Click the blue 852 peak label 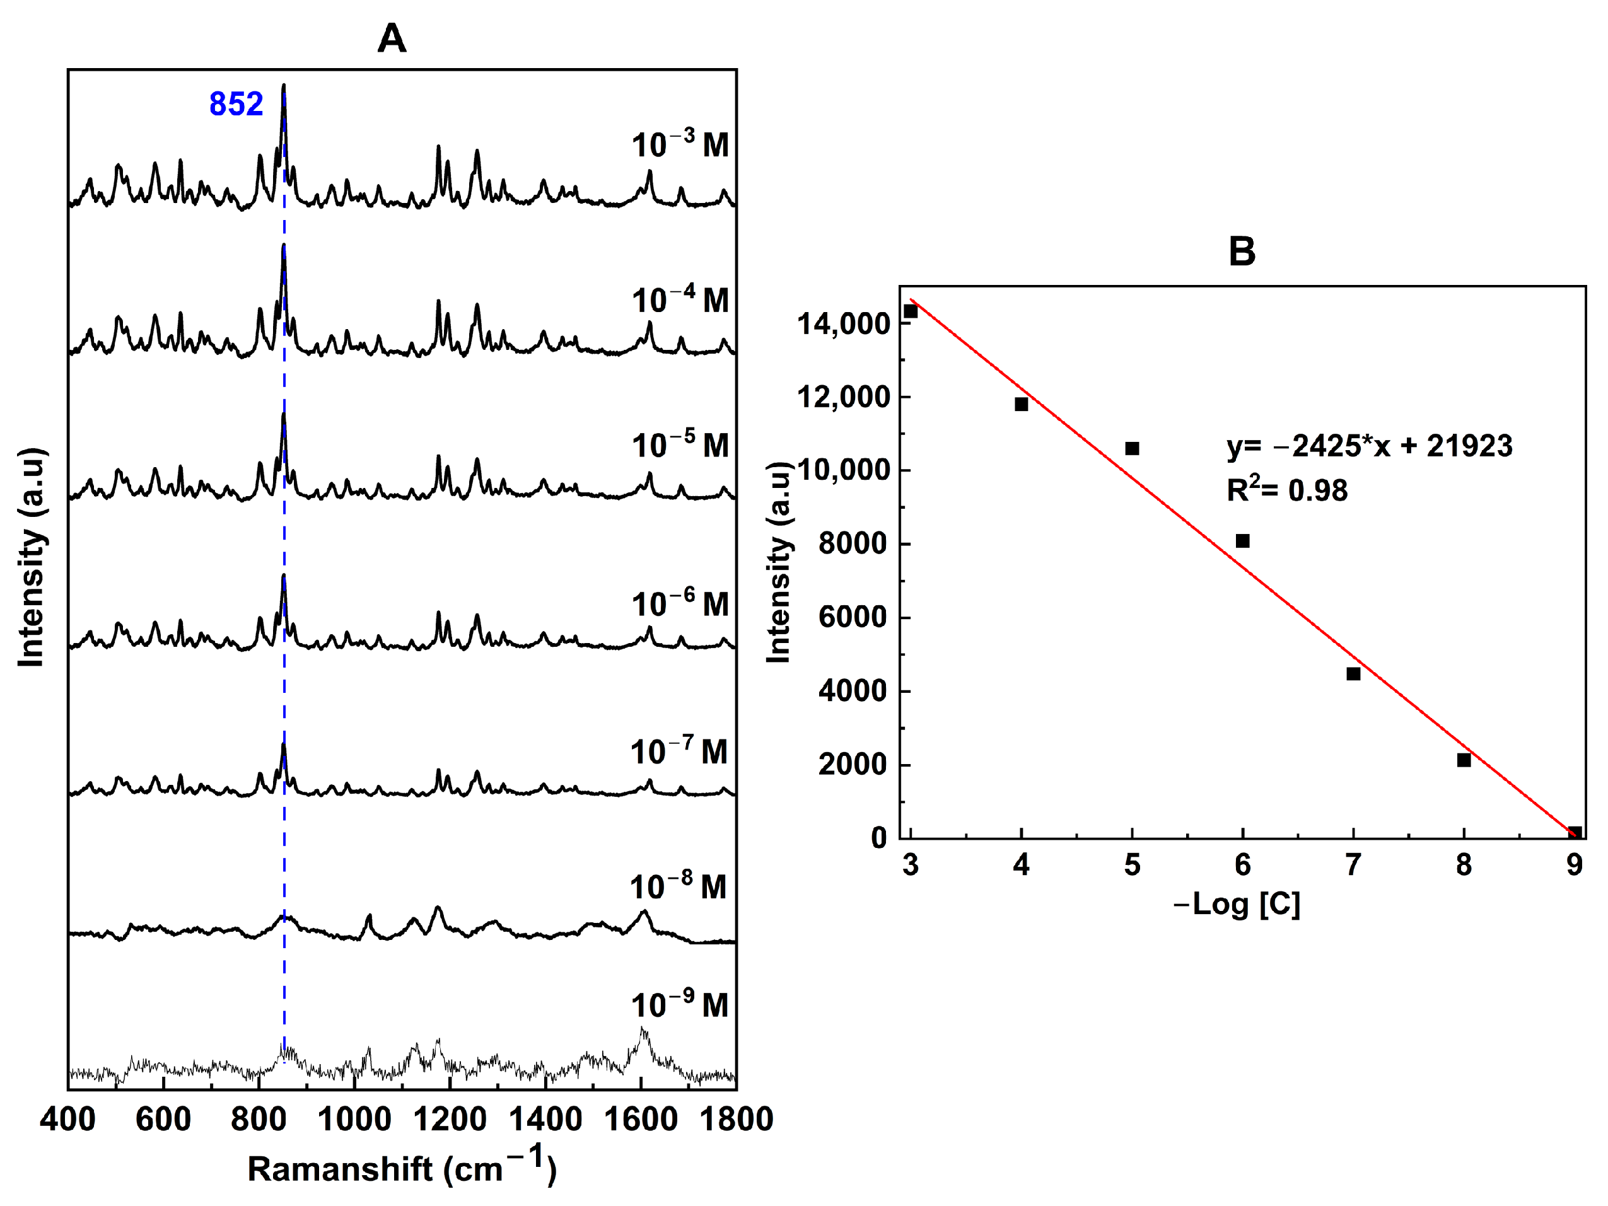[x=236, y=104]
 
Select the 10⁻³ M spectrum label [x=680, y=144]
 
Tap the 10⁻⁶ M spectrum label [x=680, y=604]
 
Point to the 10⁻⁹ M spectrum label [x=680, y=1006]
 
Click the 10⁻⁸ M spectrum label [x=679, y=887]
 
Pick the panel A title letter [x=391, y=38]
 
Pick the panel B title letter [x=1242, y=252]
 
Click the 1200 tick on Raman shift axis [x=451, y=1119]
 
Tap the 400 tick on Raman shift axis [x=67, y=1119]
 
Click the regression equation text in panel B [x=1370, y=446]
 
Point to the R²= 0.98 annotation [x=1286, y=490]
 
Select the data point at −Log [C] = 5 [x=1132, y=448]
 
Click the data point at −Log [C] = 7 [x=1353, y=674]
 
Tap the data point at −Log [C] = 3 [x=911, y=312]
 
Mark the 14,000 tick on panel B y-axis [x=843, y=324]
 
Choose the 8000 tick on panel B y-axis [x=853, y=544]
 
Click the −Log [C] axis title [x=1237, y=904]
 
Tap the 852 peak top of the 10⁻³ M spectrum [x=284, y=86]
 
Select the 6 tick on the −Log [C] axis [x=1242, y=865]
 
